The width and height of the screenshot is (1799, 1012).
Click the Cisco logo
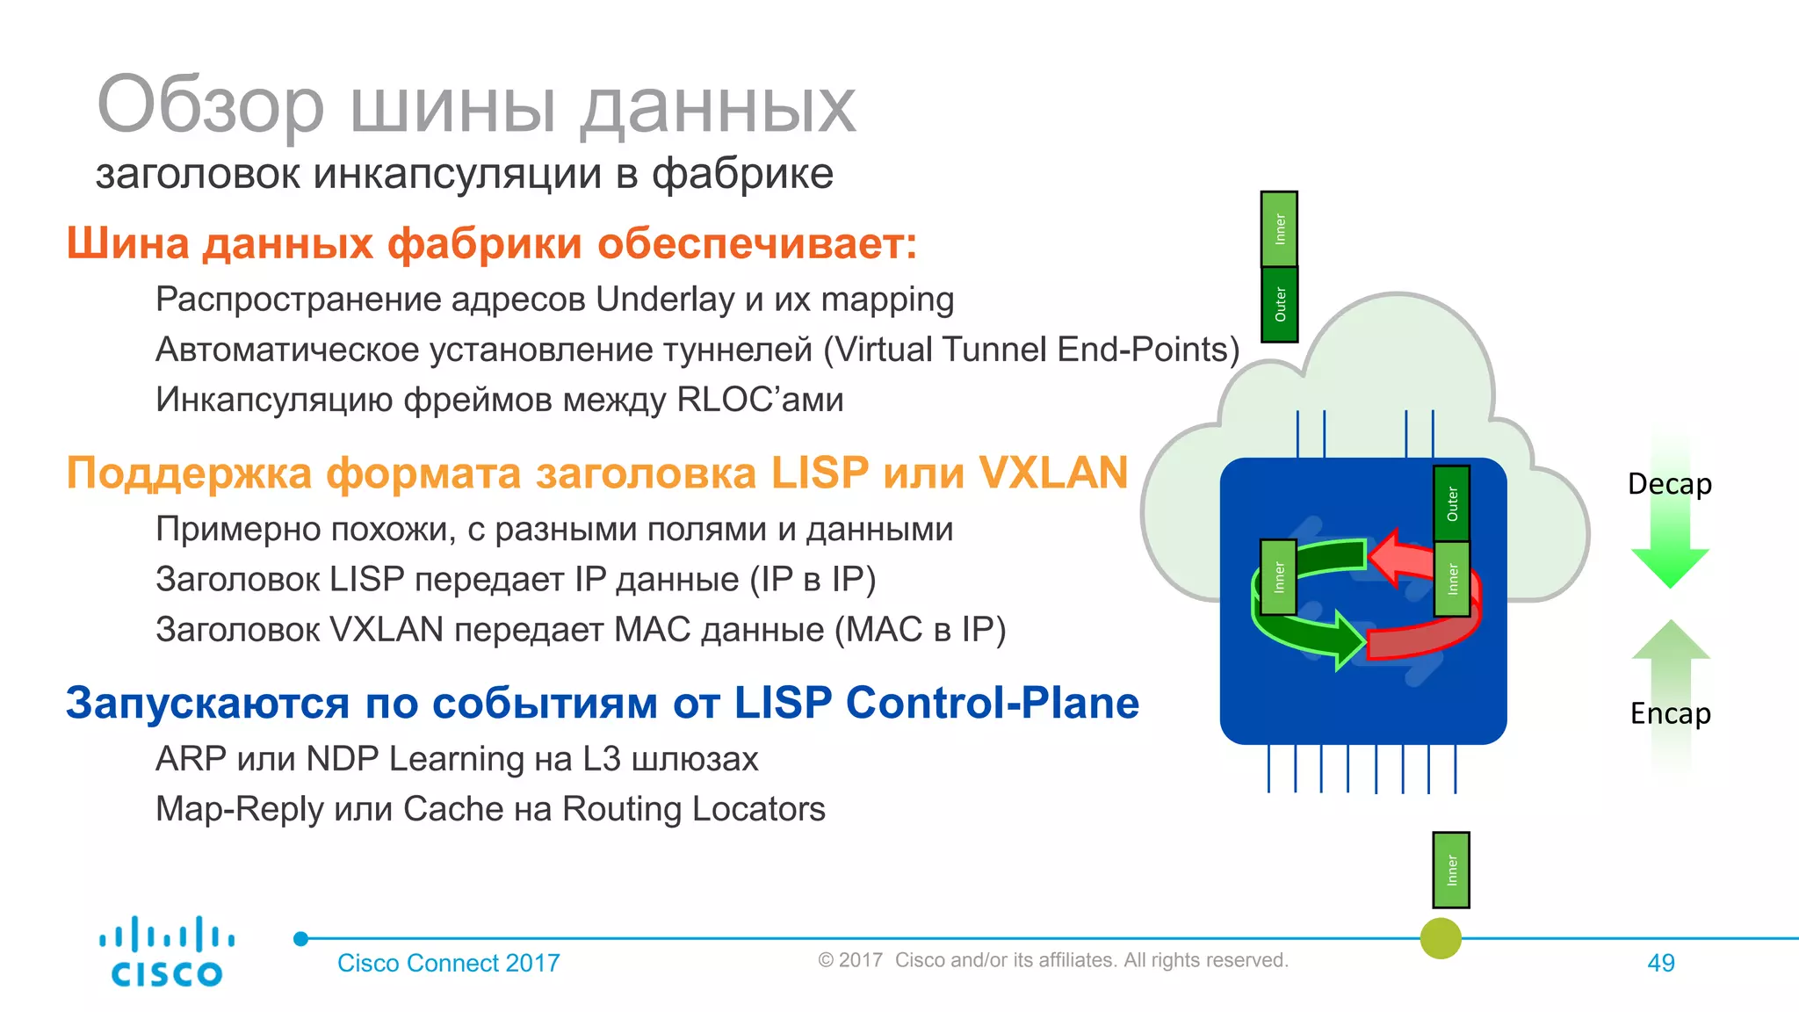coord(166,952)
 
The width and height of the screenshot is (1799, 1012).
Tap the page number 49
coord(1660,963)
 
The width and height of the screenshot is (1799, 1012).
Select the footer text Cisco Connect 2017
coord(448,963)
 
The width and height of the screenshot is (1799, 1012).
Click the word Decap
coord(1669,484)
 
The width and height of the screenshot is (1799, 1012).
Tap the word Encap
coord(1670,713)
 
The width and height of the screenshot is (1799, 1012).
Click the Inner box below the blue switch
coord(1450,870)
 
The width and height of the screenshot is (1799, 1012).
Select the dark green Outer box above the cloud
coord(1279,305)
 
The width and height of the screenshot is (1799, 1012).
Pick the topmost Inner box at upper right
coord(1279,229)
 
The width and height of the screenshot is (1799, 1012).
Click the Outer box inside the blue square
coord(1451,504)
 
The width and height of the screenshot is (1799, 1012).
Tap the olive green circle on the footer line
coord(1441,938)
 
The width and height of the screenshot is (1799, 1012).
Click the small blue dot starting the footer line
coord(300,939)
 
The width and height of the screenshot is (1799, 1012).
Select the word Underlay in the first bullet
coord(664,300)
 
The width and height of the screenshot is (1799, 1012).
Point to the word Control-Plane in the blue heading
coord(992,703)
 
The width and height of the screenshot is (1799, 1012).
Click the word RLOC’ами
coord(760,400)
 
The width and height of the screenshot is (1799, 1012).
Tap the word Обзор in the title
coord(211,105)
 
